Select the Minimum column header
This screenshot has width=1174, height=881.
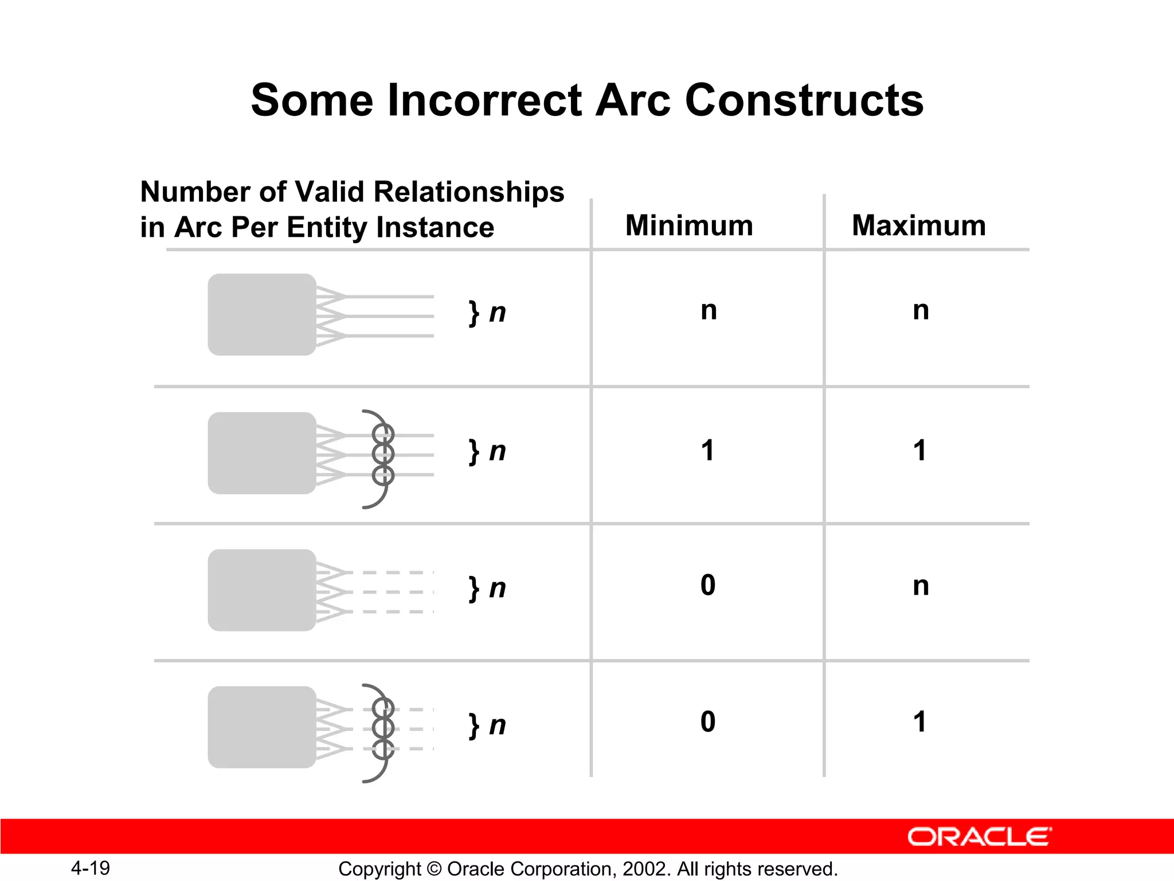[689, 225]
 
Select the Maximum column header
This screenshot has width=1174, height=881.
[919, 225]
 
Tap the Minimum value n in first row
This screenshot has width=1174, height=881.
[709, 311]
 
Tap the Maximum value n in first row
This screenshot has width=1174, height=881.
[921, 311]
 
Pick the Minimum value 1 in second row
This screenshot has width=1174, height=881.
[708, 450]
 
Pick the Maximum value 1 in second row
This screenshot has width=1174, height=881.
[920, 450]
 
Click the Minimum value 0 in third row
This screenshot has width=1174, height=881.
[708, 585]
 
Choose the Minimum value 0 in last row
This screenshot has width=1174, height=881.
[708, 722]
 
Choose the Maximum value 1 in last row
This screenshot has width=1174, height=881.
[920, 722]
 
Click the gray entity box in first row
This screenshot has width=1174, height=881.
[262, 314]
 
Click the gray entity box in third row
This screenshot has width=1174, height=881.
[262, 590]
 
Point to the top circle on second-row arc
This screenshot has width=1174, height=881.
[383, 433]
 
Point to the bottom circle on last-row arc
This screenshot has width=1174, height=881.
[383, 749]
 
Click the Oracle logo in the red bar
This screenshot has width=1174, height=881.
[979, 837]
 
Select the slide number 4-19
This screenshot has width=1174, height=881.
[91, 868]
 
